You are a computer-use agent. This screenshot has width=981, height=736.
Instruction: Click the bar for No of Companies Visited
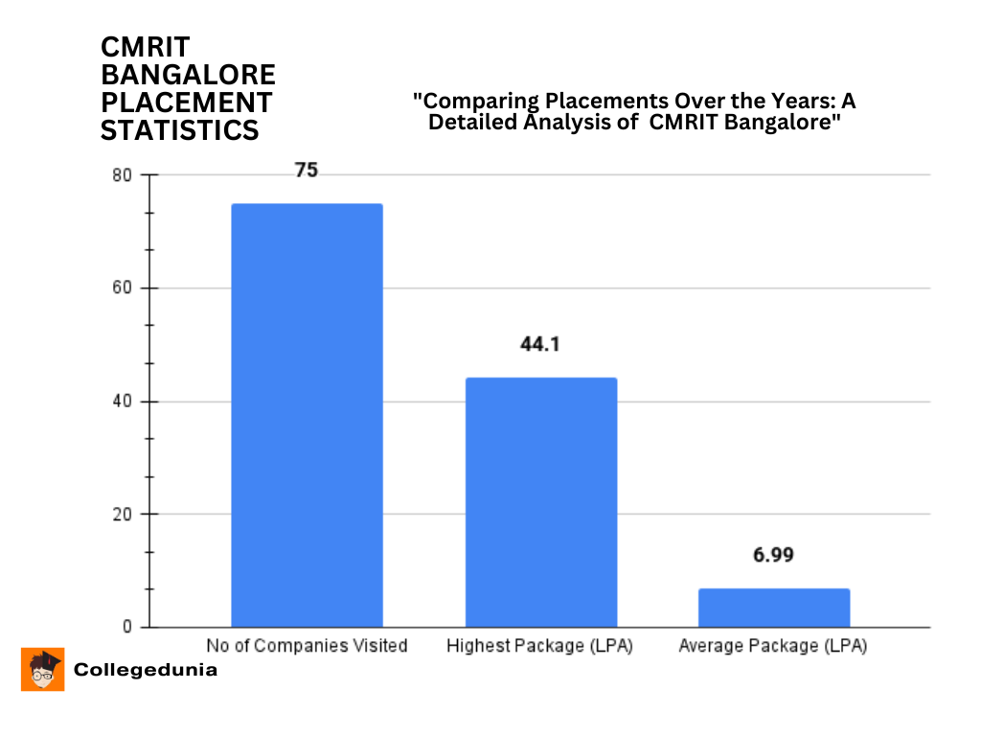click(307, 415)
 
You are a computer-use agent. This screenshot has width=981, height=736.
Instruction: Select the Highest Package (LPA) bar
click(541, 502)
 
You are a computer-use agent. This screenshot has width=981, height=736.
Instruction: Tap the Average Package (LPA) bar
click(774, 608)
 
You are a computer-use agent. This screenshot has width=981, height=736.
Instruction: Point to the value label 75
click(306, 171)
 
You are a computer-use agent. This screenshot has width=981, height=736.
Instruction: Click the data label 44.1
click(539, 345)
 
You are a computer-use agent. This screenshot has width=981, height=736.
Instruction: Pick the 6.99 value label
click(773, 556)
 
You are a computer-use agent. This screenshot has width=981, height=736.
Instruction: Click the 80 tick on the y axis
click(121, 176)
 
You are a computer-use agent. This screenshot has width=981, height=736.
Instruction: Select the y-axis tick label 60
click(121, 288)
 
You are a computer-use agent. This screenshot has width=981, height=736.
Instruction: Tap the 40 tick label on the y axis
click(121, 402)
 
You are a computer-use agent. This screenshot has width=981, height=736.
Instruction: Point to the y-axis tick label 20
click(121, 515)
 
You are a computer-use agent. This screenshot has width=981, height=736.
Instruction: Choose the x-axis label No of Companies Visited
click(307, 646)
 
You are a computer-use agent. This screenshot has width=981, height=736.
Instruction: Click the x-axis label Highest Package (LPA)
click(540, 646)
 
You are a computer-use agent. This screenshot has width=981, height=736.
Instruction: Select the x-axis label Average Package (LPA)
click(773, 646)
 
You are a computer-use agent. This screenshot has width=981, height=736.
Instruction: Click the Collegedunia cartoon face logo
click(43, 669)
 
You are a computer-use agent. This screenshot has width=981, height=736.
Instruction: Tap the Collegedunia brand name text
click(146, 670)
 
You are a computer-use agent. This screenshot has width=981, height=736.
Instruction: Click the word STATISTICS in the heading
click(180, 130)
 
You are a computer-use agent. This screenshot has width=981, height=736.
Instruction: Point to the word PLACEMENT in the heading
click(187, 103)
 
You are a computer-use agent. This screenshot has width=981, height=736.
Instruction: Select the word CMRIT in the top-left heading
click(146, 47)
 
